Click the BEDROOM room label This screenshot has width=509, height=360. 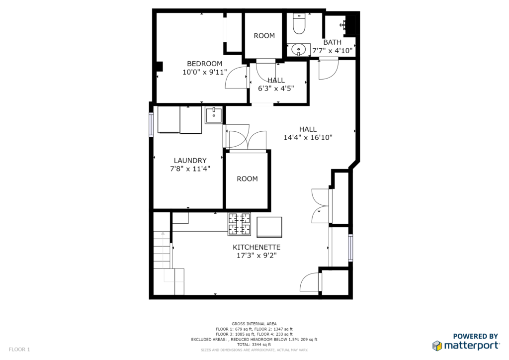[204, 64]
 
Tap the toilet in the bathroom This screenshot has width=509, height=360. [299, 23]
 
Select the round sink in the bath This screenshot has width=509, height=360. [299, 50]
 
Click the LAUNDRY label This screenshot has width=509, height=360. [190, 161]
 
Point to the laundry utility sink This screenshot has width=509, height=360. [214, 115]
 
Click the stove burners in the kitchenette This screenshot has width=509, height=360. [240, 224]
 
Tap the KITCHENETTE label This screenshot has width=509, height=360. [256, 247]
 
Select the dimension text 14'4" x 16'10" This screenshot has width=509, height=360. [308, 137]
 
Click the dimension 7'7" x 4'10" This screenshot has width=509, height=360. [332, 51]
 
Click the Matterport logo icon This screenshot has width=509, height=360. [437, 346]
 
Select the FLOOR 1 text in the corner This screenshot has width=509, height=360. [19, 350]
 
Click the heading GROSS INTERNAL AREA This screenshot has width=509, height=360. [254, 324]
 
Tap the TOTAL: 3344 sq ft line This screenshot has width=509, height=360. [254, 345]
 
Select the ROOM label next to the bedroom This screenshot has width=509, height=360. [264, 36]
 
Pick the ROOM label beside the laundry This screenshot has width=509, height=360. [248, 179]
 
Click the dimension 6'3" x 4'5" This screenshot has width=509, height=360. [276, 89]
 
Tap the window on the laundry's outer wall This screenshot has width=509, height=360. [151, 125]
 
